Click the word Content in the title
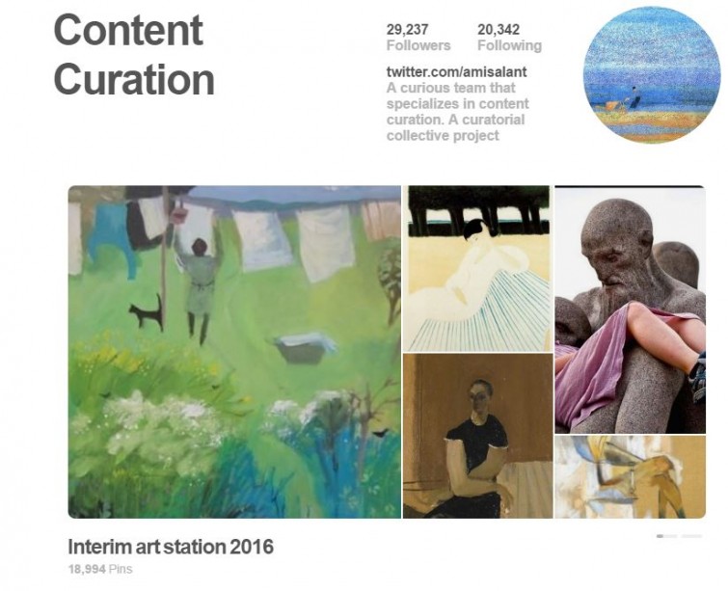(x=128, y=30)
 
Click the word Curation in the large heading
(x=134, y=79)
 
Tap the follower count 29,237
(x=407, y=30)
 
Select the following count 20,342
(x=499, y=30)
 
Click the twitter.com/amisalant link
(x=456, y=72)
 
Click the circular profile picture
(x=652, y=74)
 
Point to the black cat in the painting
(x=147, y=312)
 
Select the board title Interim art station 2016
(x=171, y=547)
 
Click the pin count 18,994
(x=87, y=569)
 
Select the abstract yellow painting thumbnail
(x=630, y=477)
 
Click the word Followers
(x=418, y=45)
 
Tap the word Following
(x=509, y=46)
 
